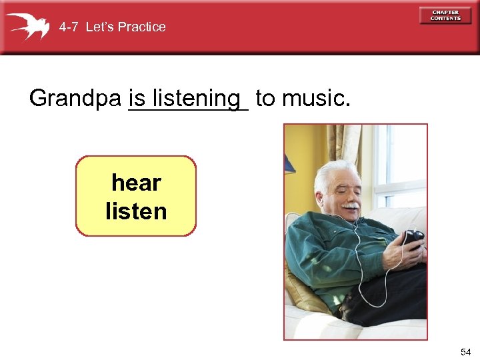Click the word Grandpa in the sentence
pyautogui.click(x=75, y=99)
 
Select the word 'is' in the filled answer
pyautogui.click(x=137, y=99)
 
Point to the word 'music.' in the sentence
pyautogui.click(x=316, y=99)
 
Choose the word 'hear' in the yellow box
pyautogui.click(x=136, y=182)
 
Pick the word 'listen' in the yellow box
pyautogui.click(x=136, y=211)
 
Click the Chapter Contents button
pyautogui.click(x=445, y=15)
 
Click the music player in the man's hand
pyautogui.click(x=413, y=237)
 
